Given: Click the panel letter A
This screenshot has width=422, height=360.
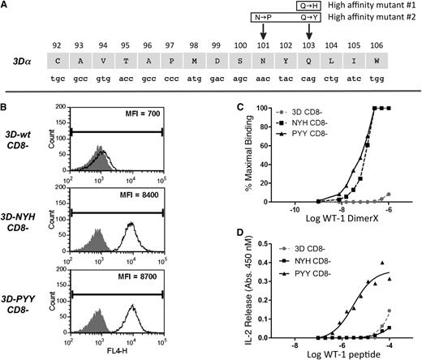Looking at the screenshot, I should [6, 6].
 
